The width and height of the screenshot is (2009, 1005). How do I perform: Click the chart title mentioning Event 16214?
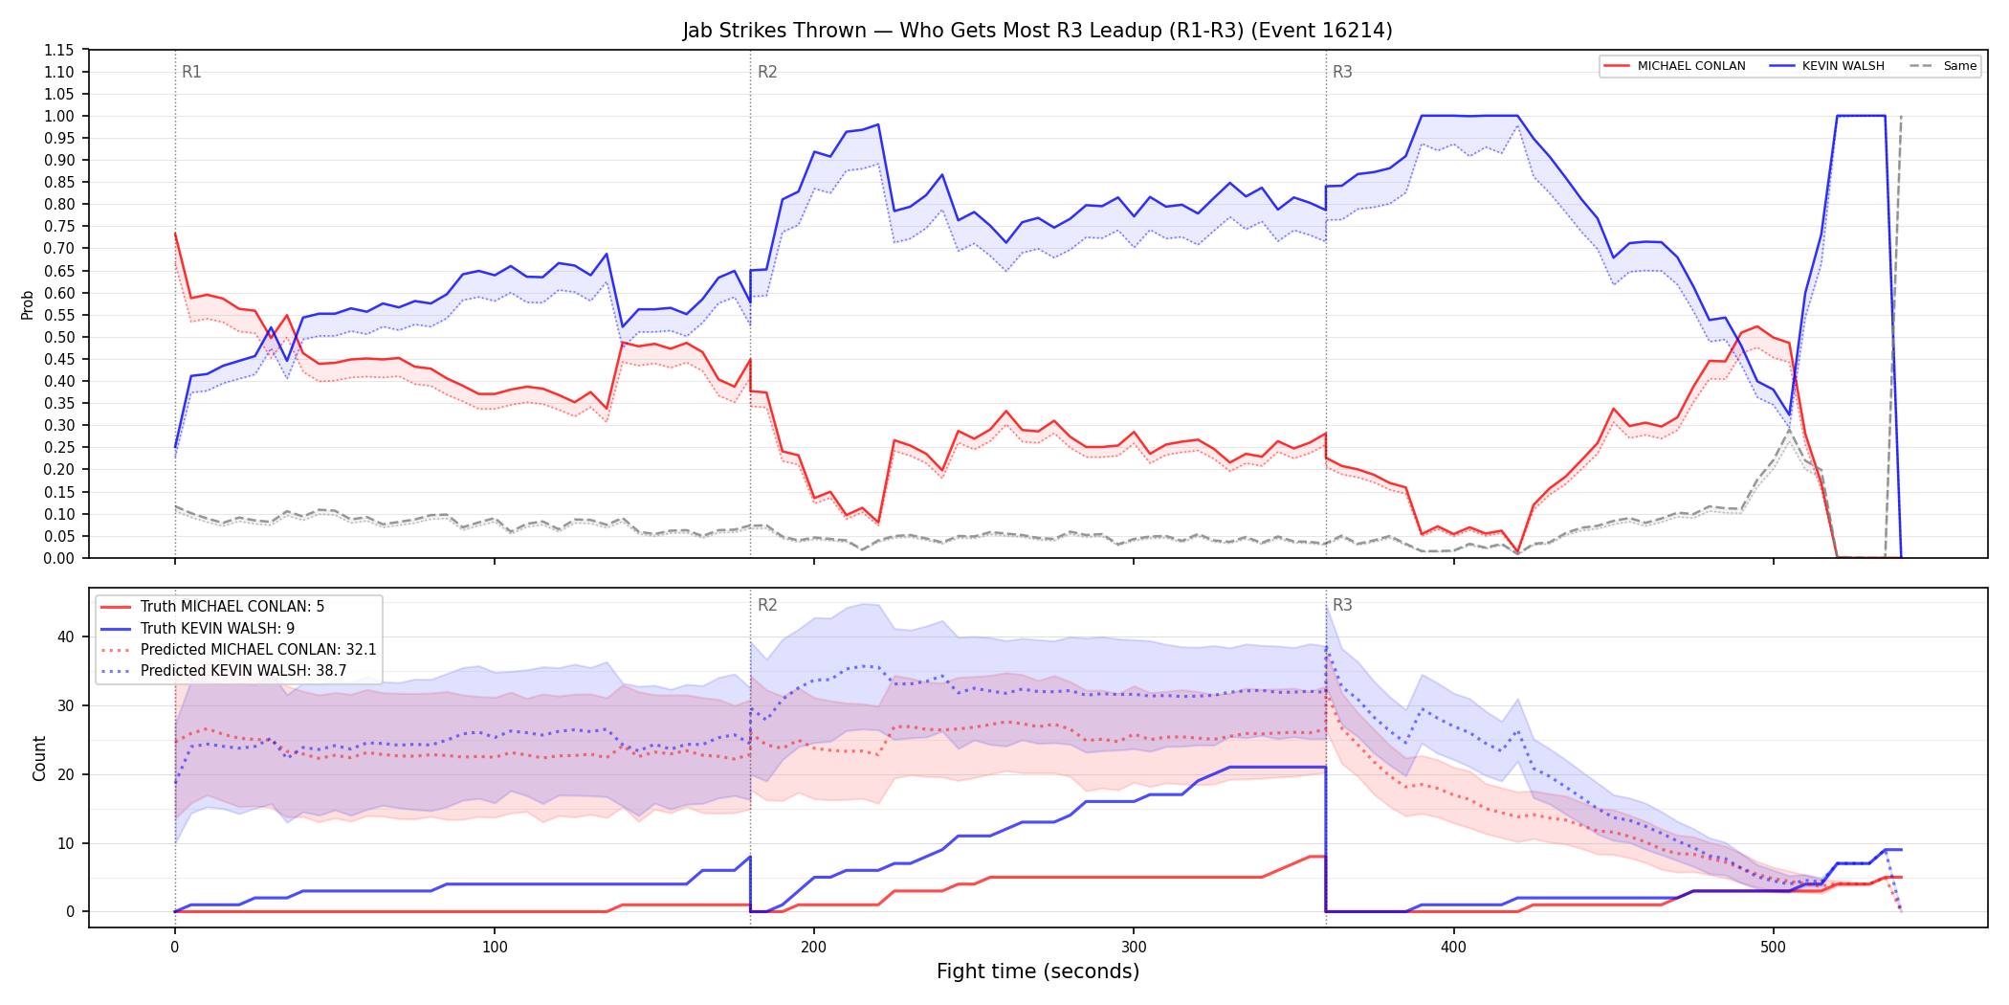point(1037,31)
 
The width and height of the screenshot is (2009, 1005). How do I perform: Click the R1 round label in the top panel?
point(191,72)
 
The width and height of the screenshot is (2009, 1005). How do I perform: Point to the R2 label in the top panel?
point(767,72)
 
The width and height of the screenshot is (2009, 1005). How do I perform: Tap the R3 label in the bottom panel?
point(1342,605)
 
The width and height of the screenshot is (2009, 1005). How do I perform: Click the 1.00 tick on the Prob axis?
point(58,116)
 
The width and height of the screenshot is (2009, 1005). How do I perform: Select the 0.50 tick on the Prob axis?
point(58,337)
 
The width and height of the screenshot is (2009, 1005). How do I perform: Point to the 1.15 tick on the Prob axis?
point(58,50)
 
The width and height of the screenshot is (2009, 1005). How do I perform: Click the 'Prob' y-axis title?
point(28,304)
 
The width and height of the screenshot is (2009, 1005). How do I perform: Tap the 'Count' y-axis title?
point(39,758)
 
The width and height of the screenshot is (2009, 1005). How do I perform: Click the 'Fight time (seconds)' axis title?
point(1038,971)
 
